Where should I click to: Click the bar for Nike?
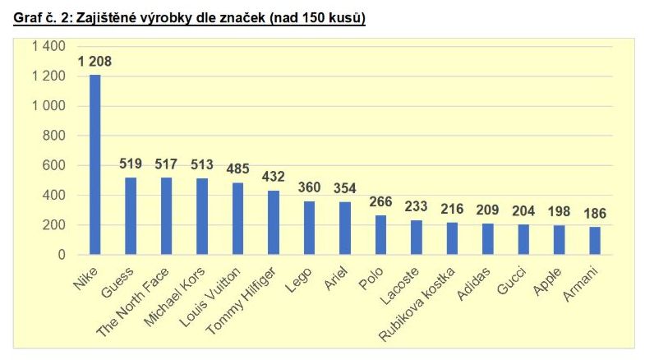click(95, 164)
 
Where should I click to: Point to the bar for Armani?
click(595, 241)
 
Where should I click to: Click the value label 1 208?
click(94, 62)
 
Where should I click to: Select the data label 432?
click(274, 177)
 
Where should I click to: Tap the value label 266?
click(380, 202)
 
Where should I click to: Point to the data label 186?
click(595, 214)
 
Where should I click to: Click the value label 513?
click(202, 164)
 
